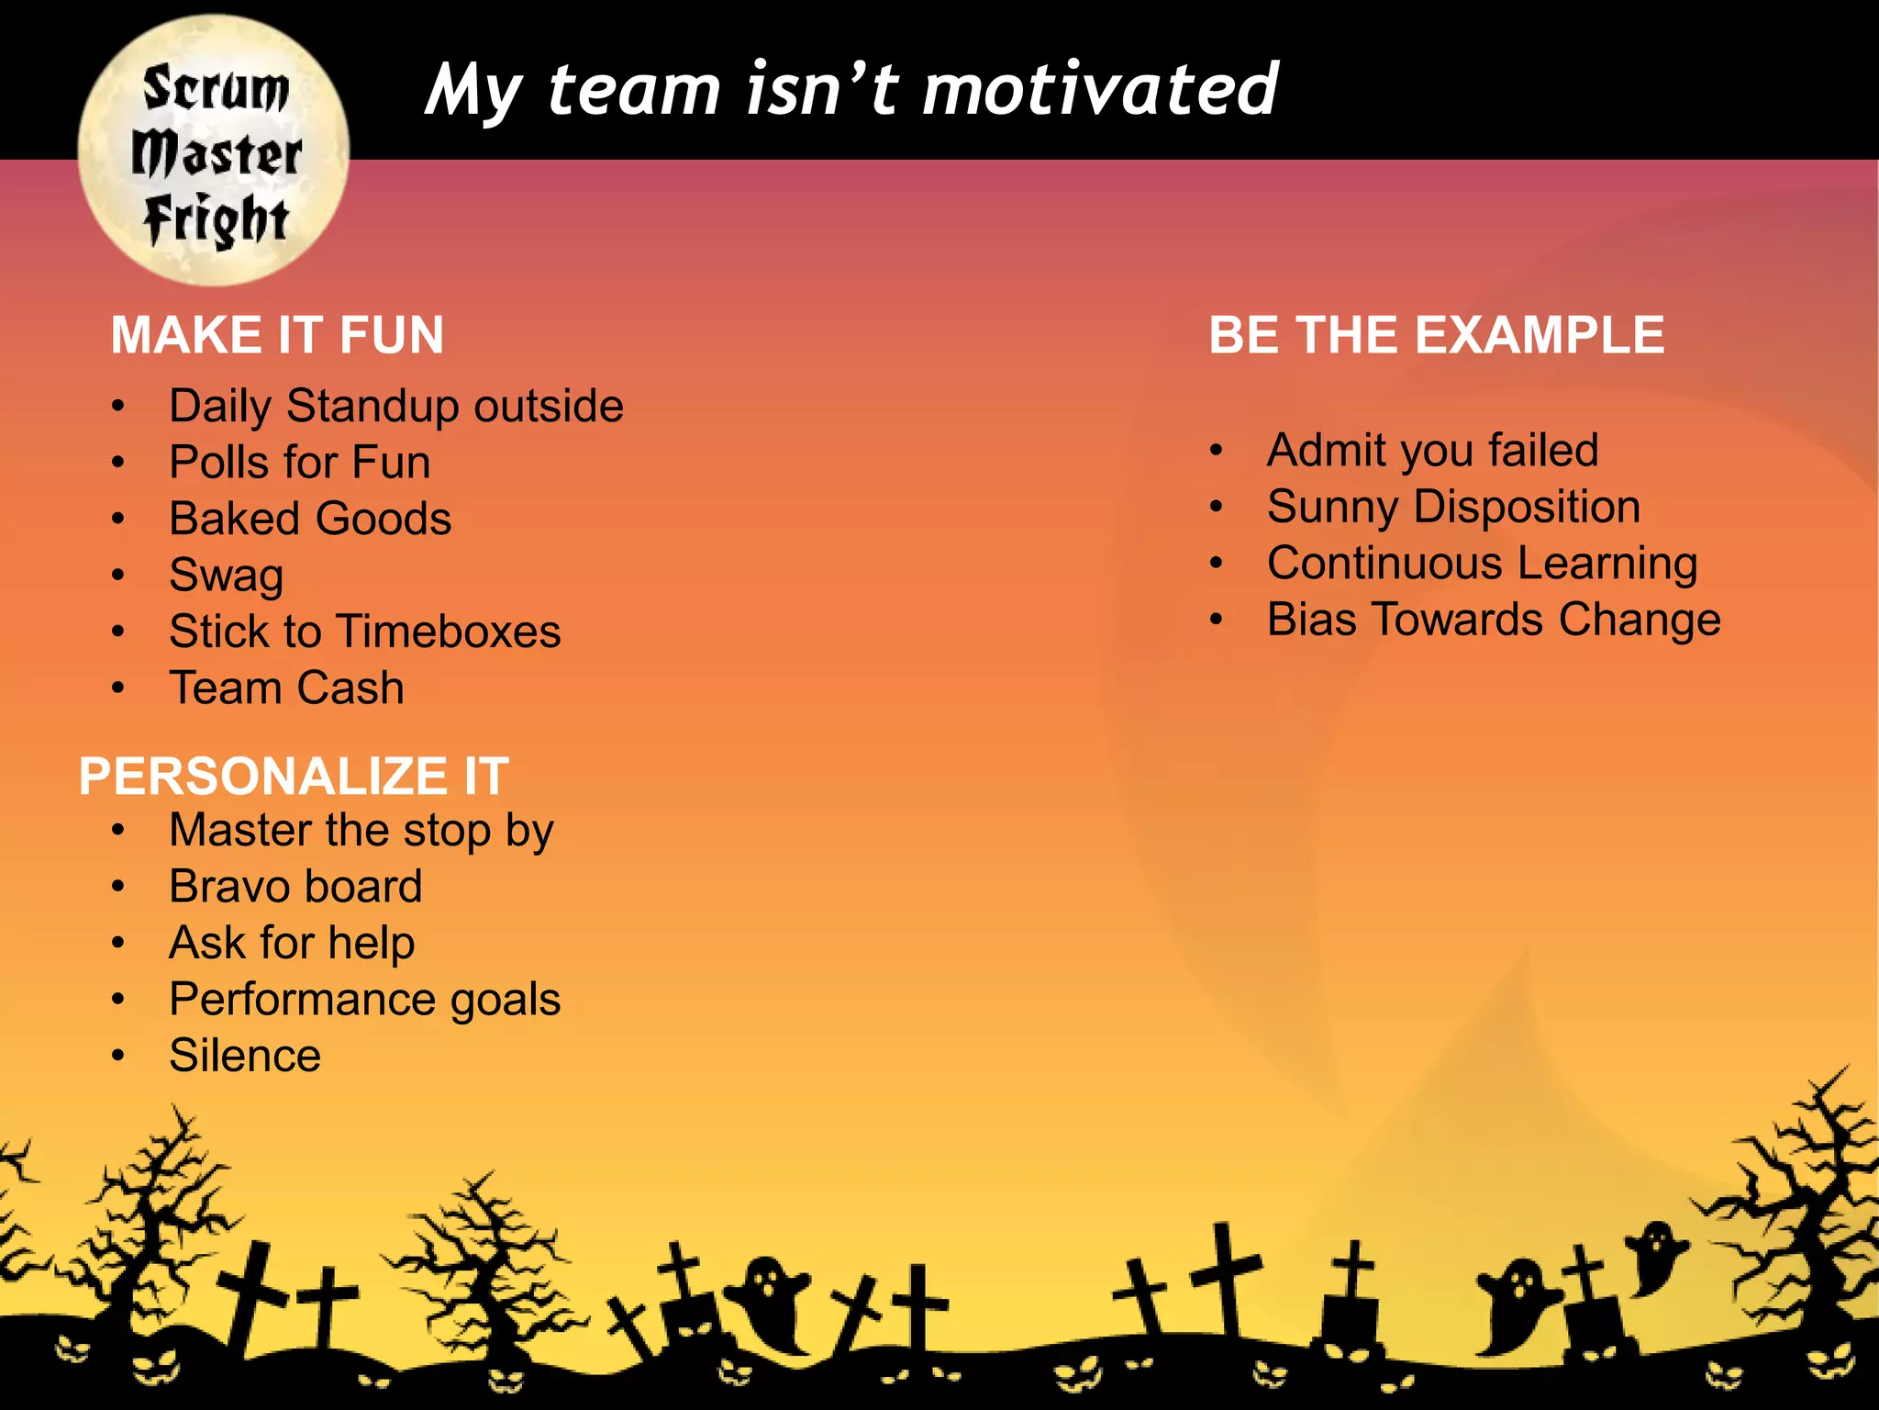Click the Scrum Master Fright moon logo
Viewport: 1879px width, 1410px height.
point(213,150)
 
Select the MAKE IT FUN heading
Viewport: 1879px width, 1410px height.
point(277,335)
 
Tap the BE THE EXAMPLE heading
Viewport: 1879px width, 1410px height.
point(1436,335)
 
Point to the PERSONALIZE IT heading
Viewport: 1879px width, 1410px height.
point(294,777)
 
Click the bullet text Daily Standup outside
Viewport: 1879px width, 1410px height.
point(396,406)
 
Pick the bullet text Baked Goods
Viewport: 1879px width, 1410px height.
point(310,519)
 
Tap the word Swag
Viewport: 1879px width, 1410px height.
point(227,576)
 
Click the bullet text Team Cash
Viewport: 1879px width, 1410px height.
point(286,688)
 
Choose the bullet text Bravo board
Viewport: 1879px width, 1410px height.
point(295,887)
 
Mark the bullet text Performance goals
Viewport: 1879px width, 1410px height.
point(364,1000)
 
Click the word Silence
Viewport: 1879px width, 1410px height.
point(245,1056)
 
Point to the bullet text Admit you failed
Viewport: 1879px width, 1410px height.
point(1432,451)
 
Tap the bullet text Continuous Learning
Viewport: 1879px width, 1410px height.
point(1482,564)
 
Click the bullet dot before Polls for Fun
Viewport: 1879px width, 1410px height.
point(117,463)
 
